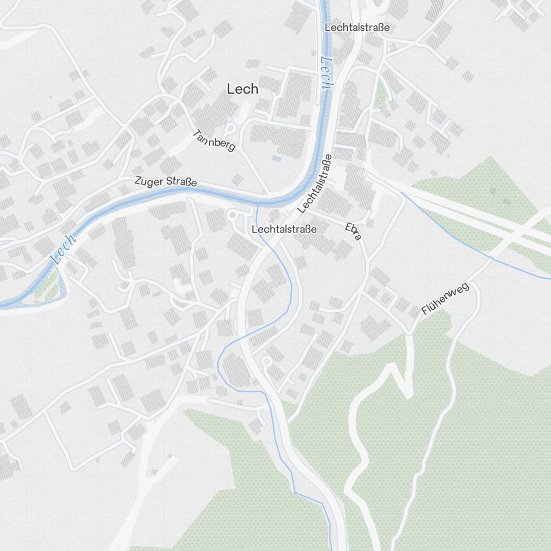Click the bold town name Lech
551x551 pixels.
point(242,89)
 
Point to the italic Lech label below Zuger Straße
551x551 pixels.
point(63,249)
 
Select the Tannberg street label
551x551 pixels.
point(215,140)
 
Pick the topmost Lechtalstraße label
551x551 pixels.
point(357,27)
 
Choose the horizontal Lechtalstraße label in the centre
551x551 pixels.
point(284,229)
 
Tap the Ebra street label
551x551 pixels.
point(354,231)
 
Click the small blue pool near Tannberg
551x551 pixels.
point(276,158)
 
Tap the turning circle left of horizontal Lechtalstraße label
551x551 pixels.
point(232,215)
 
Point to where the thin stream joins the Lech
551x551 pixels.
point(257,204)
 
